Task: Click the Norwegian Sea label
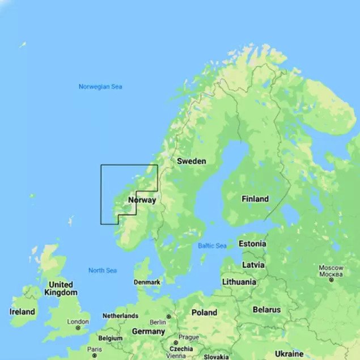(100, 87)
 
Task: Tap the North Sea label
(103, 270)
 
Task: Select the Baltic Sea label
(212, 245)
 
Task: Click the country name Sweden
(192, 161)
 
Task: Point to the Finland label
(255, 199)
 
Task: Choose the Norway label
(142, 200)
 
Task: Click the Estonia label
(252, 244)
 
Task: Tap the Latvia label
(253, 265)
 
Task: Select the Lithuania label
(239, 282)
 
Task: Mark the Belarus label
(266, 310)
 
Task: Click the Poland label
(204, 312)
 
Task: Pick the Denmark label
(147, 282)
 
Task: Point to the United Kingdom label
(61, 289)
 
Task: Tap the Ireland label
(22, 312)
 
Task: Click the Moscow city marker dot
(331, 279)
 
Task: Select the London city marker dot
(78, 328)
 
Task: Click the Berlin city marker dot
(168, 317)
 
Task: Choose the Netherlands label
(120, 316)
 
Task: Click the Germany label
(148, 332)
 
